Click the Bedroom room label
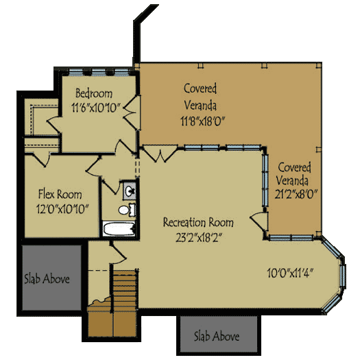coord(94,93)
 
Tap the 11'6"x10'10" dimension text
coord(95,107)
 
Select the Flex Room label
coord(60,193)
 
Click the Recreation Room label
coord(197,223)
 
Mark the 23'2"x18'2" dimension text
coord(197,237)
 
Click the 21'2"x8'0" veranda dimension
coord(295,195)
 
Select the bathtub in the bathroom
coord(118,229)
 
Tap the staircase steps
coord(125,288)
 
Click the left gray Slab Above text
coord(47,279)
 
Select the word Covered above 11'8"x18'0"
coord(200,88)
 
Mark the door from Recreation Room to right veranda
coord(259,221)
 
